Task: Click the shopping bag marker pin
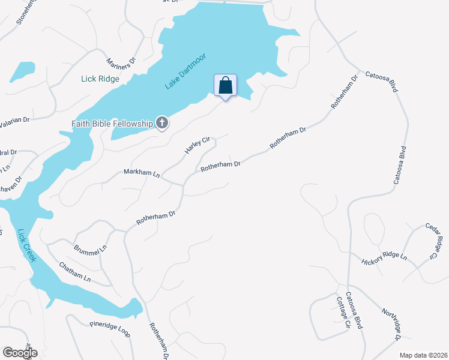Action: (225, 86)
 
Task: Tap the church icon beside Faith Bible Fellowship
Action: (161, 124)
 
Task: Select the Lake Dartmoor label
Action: (186, 72)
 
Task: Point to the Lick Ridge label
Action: (100, 79)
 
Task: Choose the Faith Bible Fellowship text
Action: (112, 124)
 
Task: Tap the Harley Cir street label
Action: (197, 146)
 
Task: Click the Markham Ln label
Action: (142, 173)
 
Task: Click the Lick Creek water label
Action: (27, 245)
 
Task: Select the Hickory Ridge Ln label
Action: (384, 260)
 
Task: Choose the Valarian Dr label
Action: (14, 120)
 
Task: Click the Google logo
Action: (20, 353)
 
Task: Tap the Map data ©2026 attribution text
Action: (423, 355)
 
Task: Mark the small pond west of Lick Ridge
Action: (22, 71)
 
